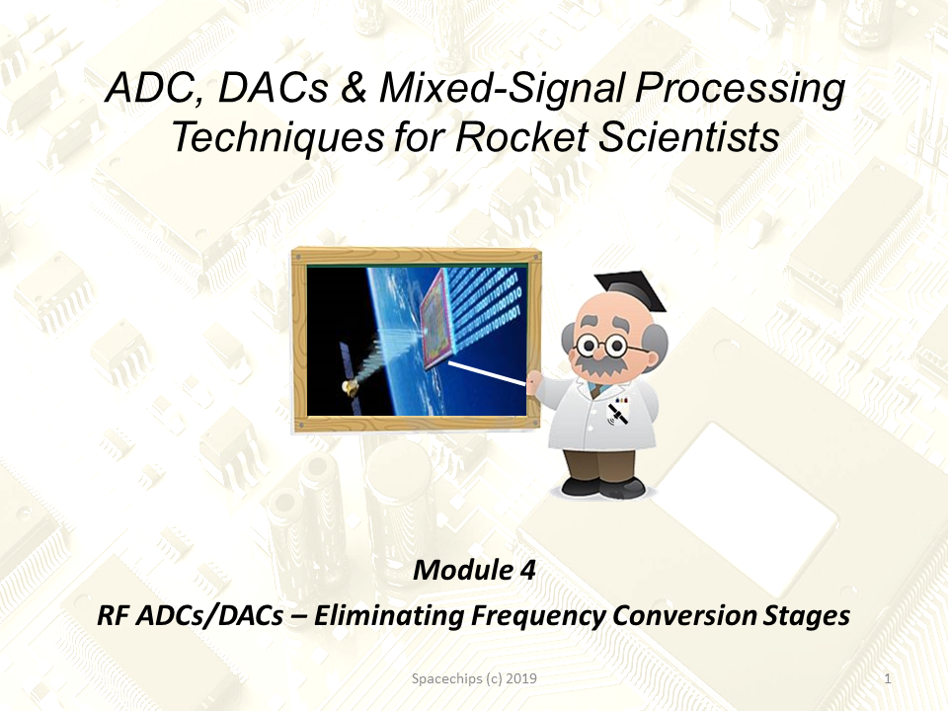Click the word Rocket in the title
(521, 136)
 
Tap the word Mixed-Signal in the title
(502, 87)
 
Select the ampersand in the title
(354, 88)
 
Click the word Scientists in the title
(688, 136)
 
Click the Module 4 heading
(474, 570)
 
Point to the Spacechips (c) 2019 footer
(474, 679)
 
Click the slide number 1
(888, 679)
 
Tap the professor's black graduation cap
(630, 290)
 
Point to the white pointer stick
(487, 373)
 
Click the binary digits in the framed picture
(486, 309)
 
